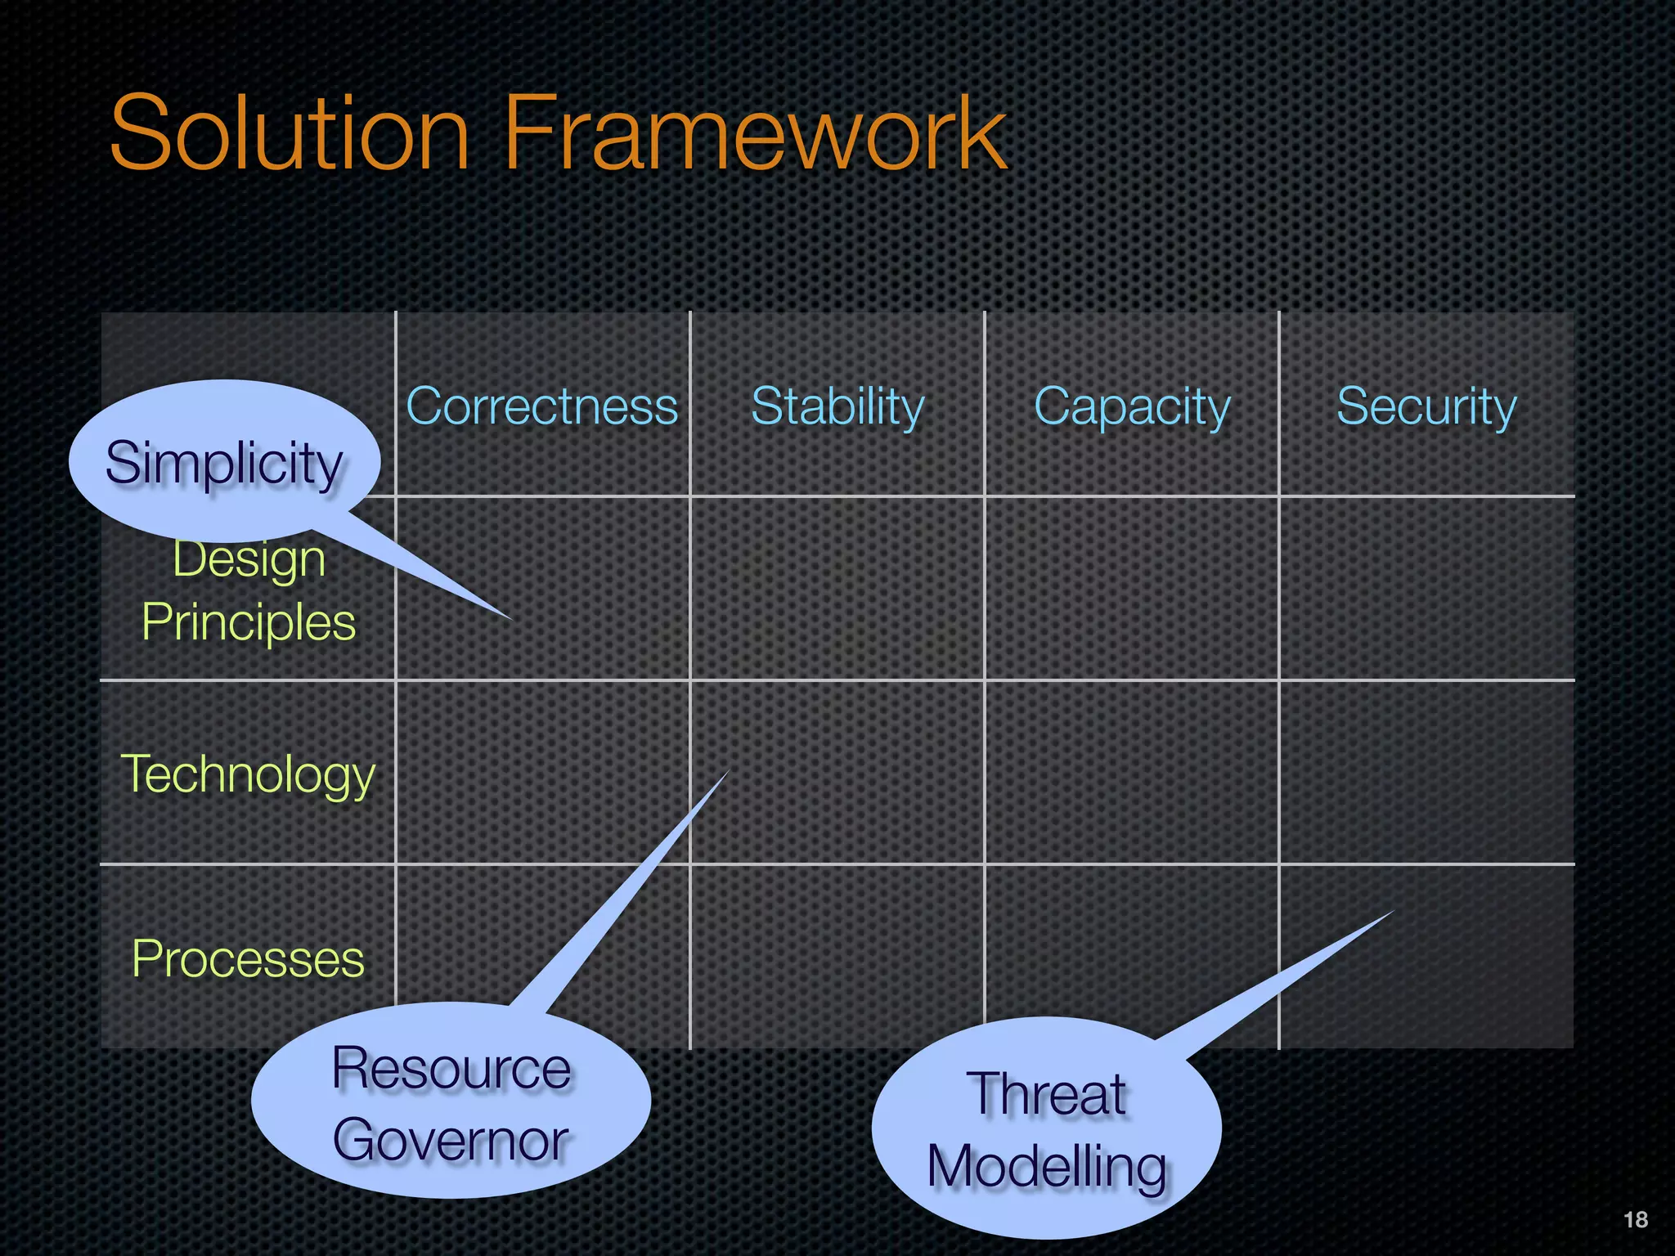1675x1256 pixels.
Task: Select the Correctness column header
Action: click(542, 406)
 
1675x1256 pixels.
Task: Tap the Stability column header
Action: click(837, 406)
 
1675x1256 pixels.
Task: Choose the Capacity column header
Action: click(1132, 406)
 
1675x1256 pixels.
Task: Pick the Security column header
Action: click(1426, 406)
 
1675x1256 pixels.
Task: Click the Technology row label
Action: click(248, 774)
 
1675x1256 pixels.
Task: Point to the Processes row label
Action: click(248, 958)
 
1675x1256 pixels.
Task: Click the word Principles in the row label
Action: click(249, 623)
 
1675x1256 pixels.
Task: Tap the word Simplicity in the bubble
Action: click(224, 464)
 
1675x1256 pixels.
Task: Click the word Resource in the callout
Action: click(451, 1069)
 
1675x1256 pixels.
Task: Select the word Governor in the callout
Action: click(451, 1141)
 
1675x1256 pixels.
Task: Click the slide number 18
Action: click(1635, 1219)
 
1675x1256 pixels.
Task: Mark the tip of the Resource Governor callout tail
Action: click(726, 773)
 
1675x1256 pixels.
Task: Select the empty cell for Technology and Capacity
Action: click(1132, 772)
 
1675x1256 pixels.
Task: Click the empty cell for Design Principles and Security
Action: click(1426, 588)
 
